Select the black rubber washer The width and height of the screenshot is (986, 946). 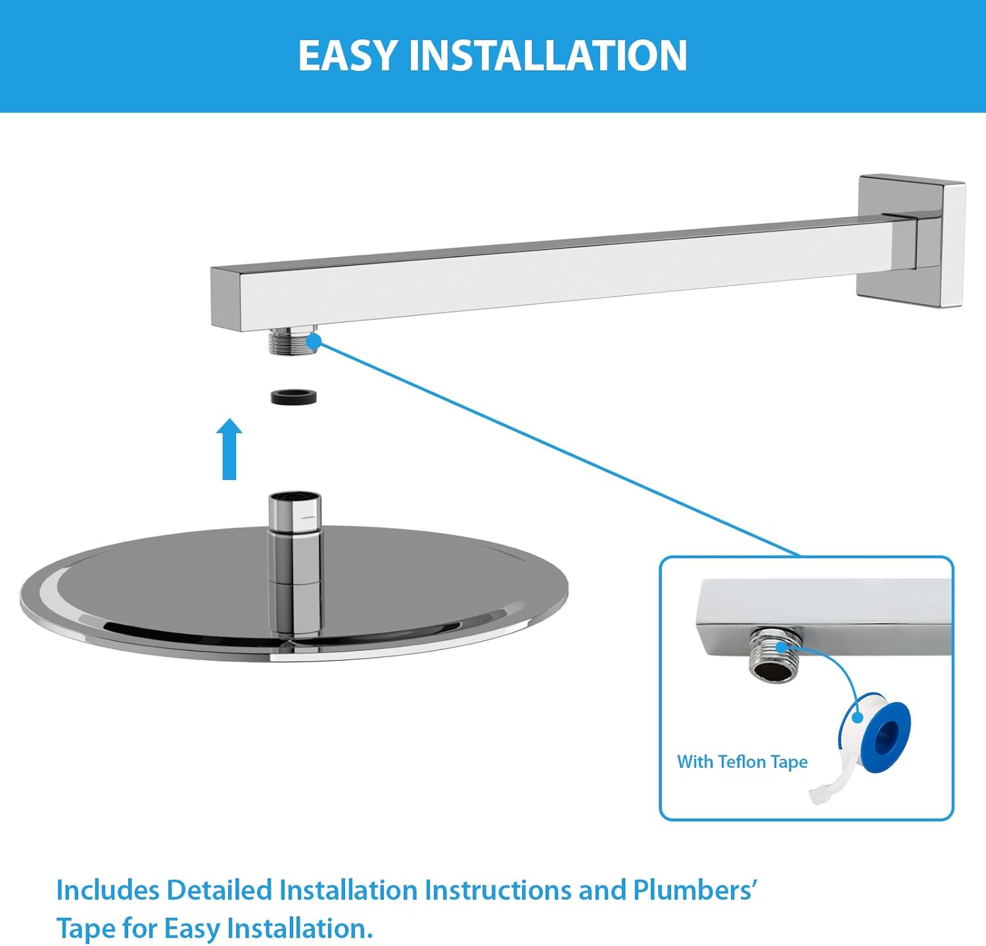point(294,396)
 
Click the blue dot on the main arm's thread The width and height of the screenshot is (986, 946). point(314,341)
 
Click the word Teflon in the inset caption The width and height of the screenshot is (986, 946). point(742,762)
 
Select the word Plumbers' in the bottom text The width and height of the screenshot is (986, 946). point(695,890)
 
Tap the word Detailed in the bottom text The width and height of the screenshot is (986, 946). point(219,890)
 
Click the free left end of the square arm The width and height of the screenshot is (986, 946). point(225,297)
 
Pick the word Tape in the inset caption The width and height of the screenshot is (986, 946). point(789,762)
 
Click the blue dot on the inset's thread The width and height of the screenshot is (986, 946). point(782,647)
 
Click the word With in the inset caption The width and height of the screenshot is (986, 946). point(695,762)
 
